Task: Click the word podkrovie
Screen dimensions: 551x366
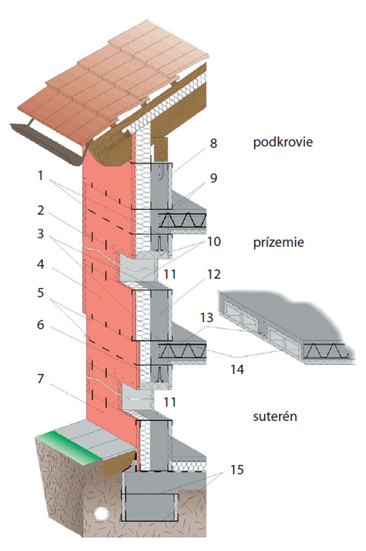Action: coord(283,142)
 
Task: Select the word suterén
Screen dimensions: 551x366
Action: coord(275,416)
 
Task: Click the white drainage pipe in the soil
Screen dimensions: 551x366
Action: coord(100,514)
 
